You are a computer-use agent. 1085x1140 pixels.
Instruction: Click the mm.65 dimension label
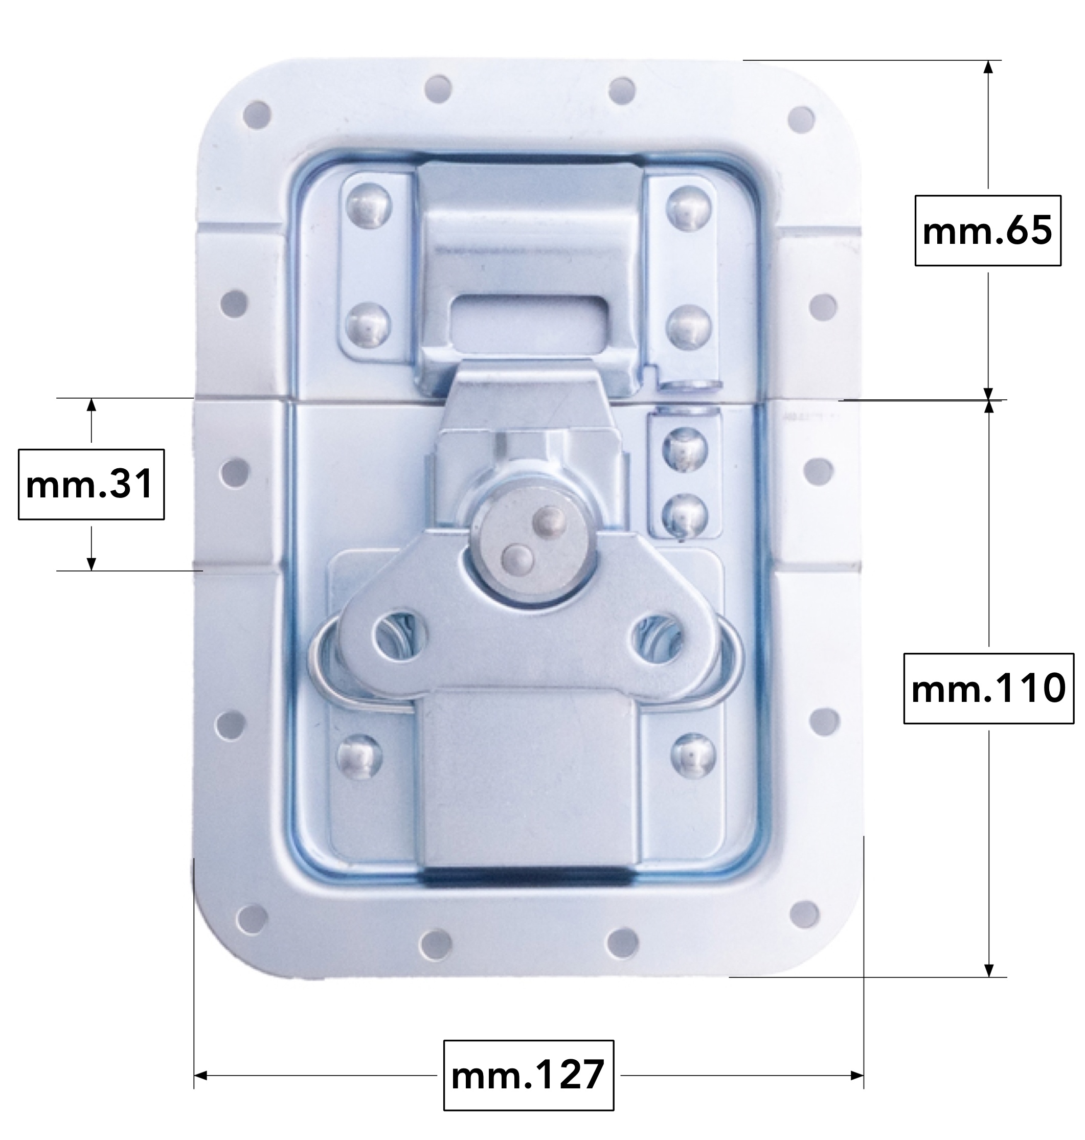[987, 231]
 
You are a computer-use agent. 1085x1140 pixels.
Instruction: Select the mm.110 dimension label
[988, 689]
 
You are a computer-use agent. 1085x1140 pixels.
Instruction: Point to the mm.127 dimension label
[528, 1075]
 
